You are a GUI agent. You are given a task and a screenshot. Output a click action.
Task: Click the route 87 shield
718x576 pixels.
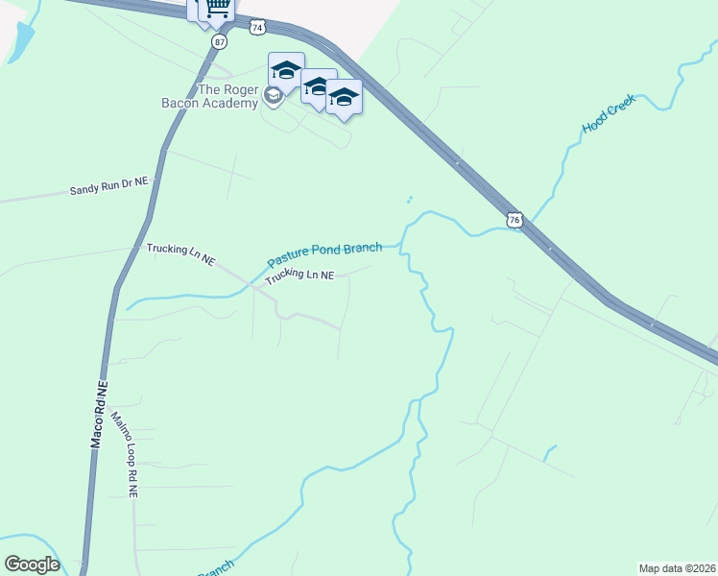[221, 42]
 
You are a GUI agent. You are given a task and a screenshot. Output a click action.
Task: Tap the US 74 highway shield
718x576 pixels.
[256, 28]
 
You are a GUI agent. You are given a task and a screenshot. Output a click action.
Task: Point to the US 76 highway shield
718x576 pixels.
[515, 220]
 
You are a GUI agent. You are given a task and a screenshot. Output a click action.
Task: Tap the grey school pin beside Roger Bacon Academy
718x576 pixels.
[274, 96]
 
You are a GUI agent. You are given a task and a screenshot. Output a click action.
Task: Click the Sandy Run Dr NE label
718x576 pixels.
[109, 188]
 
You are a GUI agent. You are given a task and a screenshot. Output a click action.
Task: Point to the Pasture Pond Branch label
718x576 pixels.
[324, 253]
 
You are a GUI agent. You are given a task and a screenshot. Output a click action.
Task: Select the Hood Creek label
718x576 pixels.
[610, 114]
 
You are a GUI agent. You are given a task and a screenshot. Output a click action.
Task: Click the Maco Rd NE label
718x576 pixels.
[99, 416]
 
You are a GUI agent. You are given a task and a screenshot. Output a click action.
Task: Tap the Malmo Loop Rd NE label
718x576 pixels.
[126, 454]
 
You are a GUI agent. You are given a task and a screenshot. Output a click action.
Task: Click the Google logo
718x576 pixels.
[32, 564]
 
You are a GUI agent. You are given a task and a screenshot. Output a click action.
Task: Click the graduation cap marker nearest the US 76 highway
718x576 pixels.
[344, 97]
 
